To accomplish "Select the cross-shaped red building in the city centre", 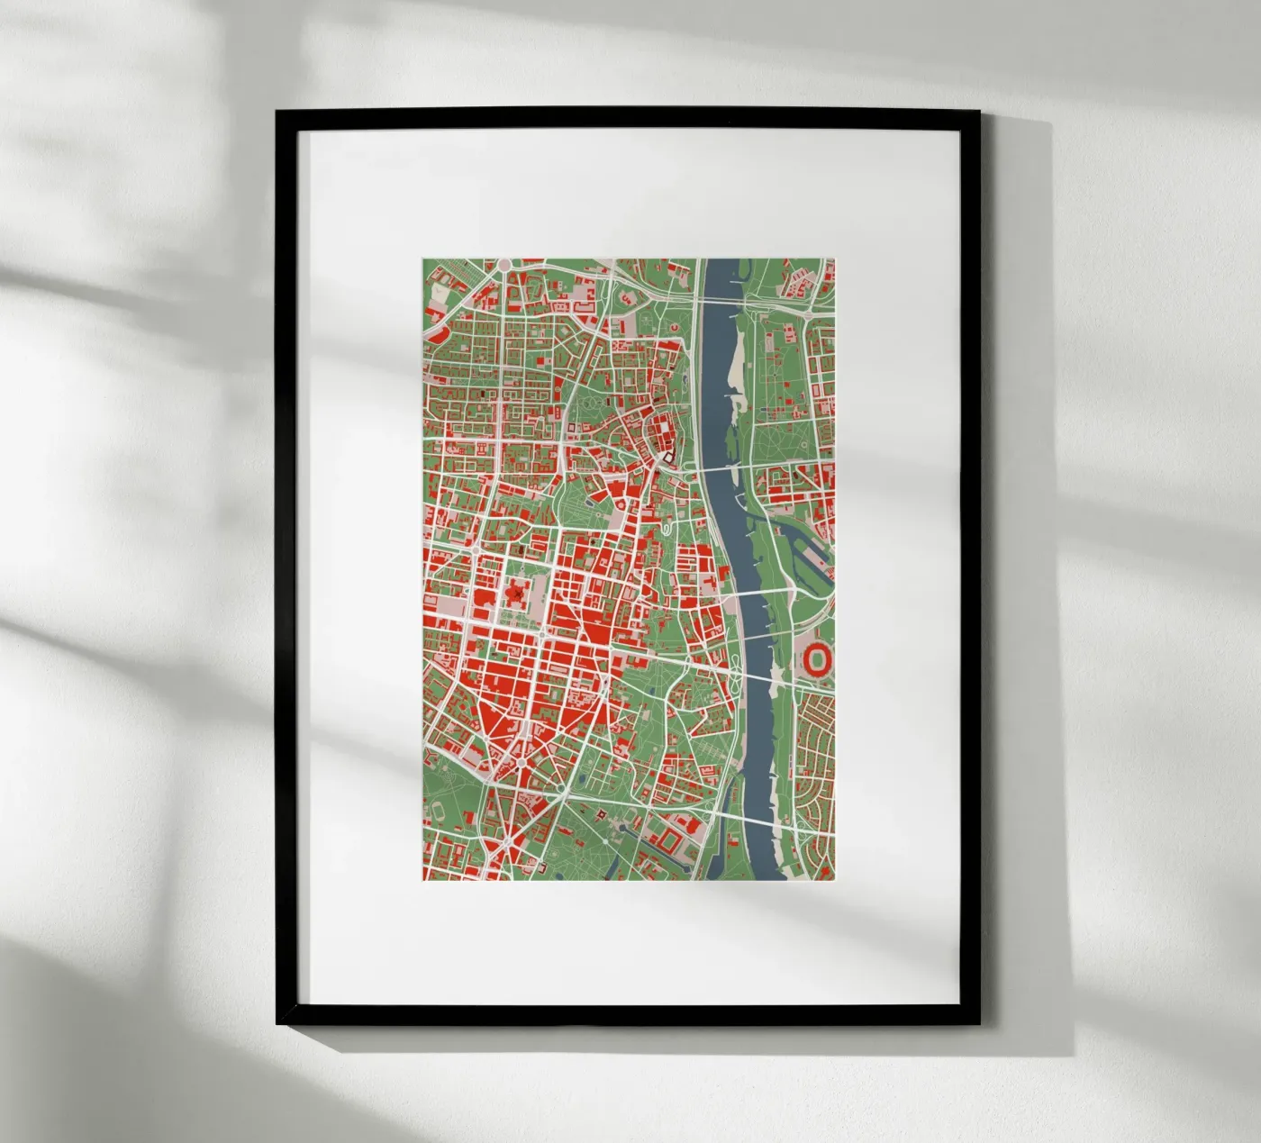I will [x=516, y=594].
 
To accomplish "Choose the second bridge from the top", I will [x=721, y=468].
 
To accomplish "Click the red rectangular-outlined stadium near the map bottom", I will [x=670, y=842].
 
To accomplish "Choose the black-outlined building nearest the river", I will [x=668, y=458].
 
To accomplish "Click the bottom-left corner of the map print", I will [x=422, y=879].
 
